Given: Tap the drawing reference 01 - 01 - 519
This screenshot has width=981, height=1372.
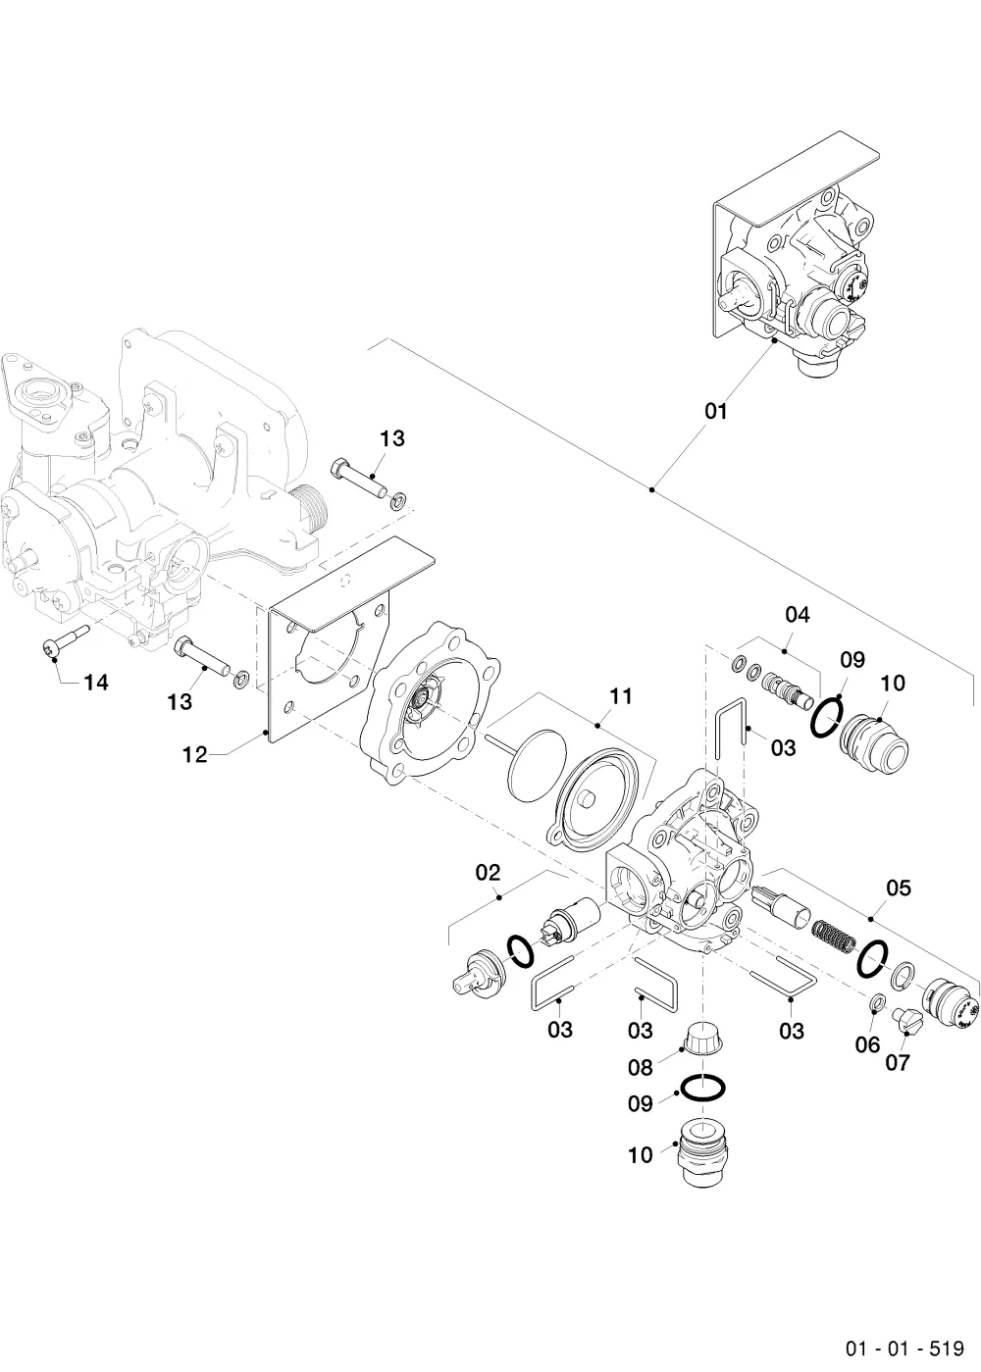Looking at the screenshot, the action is pos(904,1346).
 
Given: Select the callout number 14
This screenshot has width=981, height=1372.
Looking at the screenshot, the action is pos(96,682).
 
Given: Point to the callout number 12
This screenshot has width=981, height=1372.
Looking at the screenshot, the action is pos(195,756).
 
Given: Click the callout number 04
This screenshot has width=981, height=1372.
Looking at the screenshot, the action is pos(798,614).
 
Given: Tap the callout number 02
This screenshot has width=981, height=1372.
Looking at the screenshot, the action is pos(489,872).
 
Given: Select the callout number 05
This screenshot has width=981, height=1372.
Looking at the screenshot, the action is pos(899,888).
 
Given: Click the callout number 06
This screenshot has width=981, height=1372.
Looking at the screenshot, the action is pos(867,1044).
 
